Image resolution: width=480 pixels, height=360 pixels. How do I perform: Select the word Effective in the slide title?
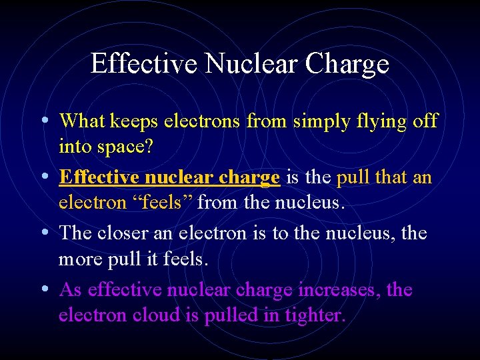144,64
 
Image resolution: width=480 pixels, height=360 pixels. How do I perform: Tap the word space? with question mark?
125,147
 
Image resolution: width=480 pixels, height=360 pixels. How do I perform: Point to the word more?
77,259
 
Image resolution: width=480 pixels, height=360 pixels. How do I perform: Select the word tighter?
314,315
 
